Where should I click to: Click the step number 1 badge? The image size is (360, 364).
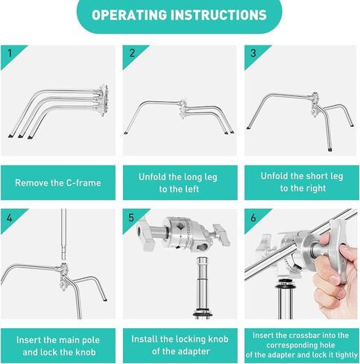click(x=9, y=53)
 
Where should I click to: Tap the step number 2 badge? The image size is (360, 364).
click(x=132, y=53)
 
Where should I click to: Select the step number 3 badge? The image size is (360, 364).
click(x=253, y=53)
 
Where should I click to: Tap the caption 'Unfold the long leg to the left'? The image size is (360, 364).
click(x=180, y=183)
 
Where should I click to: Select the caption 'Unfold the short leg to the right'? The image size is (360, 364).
click(x=302, y=183)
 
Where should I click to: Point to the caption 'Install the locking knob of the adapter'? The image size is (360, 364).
click(x=180, y=345)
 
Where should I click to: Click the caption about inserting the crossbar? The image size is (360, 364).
click(x=302, y=345)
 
